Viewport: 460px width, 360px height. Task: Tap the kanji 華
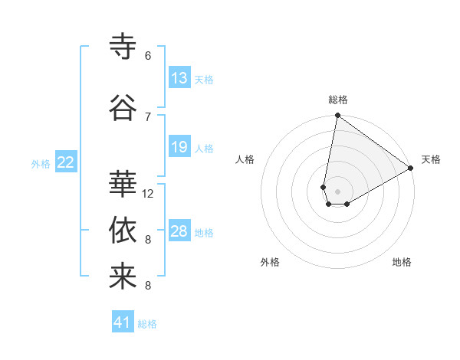(123, 183)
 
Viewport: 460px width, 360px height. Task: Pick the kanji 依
(123, 230)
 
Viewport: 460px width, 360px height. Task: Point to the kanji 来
(123, 277)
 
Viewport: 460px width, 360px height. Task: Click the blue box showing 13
(179, 78)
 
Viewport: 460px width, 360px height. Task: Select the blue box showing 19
(179, 147)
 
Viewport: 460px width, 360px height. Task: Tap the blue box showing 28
(179, 231)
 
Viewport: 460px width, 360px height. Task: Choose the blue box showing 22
(66, 162)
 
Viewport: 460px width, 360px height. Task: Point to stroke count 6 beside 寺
(148, 56)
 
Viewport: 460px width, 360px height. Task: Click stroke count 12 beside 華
(148, 194)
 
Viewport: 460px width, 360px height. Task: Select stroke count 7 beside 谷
(148, 116)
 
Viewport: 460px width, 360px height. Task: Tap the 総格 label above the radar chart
(338, 100)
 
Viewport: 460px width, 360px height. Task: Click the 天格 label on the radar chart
(431, 159)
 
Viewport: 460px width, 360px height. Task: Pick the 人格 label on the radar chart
(245, 159)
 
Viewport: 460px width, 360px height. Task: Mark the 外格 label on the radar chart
(270, 262)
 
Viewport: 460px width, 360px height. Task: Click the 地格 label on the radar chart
(402, 262)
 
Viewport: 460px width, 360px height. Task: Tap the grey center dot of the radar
(337, 190)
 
